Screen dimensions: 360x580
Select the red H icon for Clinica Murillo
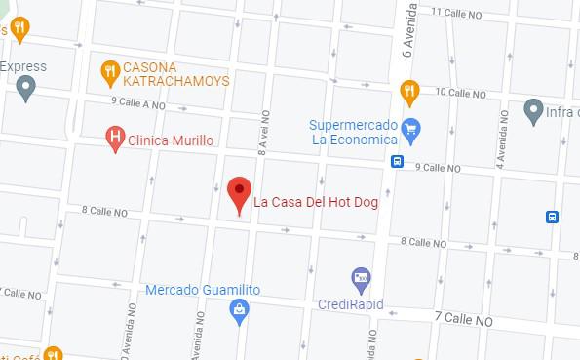click(115, 140)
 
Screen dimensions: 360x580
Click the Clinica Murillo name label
click(171, 140)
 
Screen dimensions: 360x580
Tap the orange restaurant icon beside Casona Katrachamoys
click(110, 70)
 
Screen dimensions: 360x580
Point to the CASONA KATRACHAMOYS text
click(176, 71)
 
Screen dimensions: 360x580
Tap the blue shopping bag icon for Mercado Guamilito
click(238, 309)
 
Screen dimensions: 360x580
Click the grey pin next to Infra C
click(533, 110)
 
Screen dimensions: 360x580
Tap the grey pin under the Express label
click(26, 90)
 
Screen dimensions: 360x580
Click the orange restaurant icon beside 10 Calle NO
click(410, 92)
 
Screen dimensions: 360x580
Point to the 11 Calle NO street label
click(464, 12)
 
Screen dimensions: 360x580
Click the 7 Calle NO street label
click(465, 317)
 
